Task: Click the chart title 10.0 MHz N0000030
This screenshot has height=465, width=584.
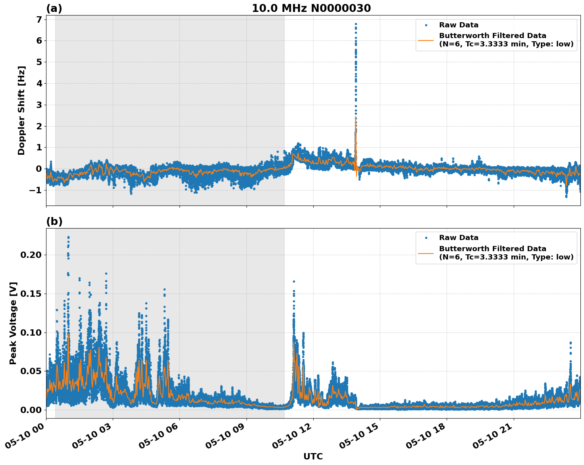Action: [x=311, y=8]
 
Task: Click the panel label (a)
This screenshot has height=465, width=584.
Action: [x=54, y=8]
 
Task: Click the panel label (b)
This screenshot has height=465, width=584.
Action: [x=54, y=221]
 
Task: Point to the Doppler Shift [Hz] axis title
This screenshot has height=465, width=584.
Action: [x=21, y=110]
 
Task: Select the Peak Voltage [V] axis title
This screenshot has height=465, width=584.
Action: [x=13, y=323]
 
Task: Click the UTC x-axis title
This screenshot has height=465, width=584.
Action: [x=313, y=456]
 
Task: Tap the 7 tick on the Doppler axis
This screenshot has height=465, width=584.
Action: [x=39, y=19]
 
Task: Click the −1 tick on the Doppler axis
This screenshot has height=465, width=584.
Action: [x=36, y=190]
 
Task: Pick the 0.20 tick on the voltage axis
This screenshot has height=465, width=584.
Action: [x=31, y=255]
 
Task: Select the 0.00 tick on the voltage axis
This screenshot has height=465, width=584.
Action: [x=31, y=410]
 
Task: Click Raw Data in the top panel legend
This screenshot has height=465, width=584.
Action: [x=459, y=25]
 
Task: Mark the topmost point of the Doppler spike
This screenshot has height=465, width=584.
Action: [x=356, y=24]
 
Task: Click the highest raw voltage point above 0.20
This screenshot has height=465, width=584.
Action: [x=68, y=237]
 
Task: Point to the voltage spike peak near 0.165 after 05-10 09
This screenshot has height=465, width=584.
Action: [x=294, y=281]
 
